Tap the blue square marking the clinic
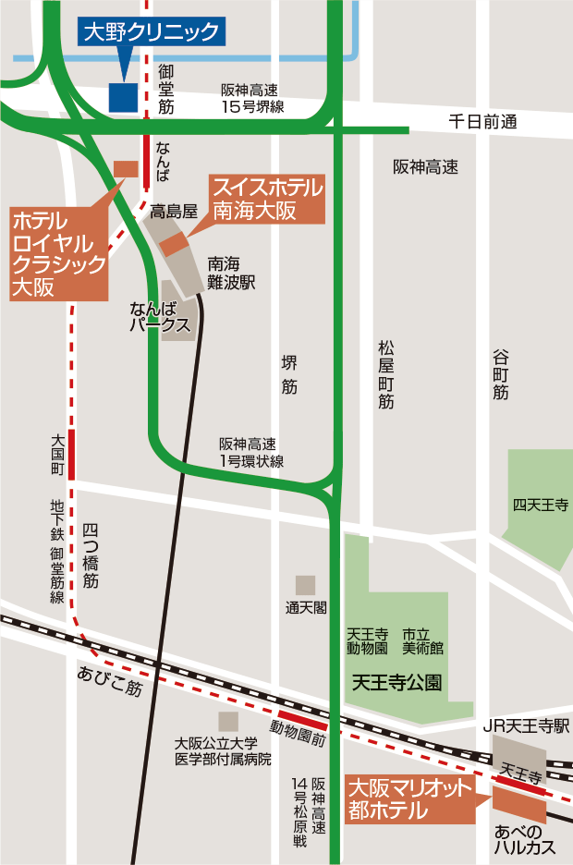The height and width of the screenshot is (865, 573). [123, 97]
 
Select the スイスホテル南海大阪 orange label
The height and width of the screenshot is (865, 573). [268, 199]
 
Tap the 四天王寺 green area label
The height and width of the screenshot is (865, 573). [541, 505]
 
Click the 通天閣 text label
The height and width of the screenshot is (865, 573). [306, 607]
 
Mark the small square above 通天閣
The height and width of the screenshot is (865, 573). [305, 584]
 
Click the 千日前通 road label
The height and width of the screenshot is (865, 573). [482, 121]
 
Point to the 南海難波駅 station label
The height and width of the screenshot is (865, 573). [231, 272]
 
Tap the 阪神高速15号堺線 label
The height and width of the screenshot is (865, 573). [251, 99]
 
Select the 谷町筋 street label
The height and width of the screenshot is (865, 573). [501, 373]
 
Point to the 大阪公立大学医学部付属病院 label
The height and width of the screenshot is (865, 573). [224, 750]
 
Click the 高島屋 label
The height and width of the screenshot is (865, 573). [175, 211]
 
